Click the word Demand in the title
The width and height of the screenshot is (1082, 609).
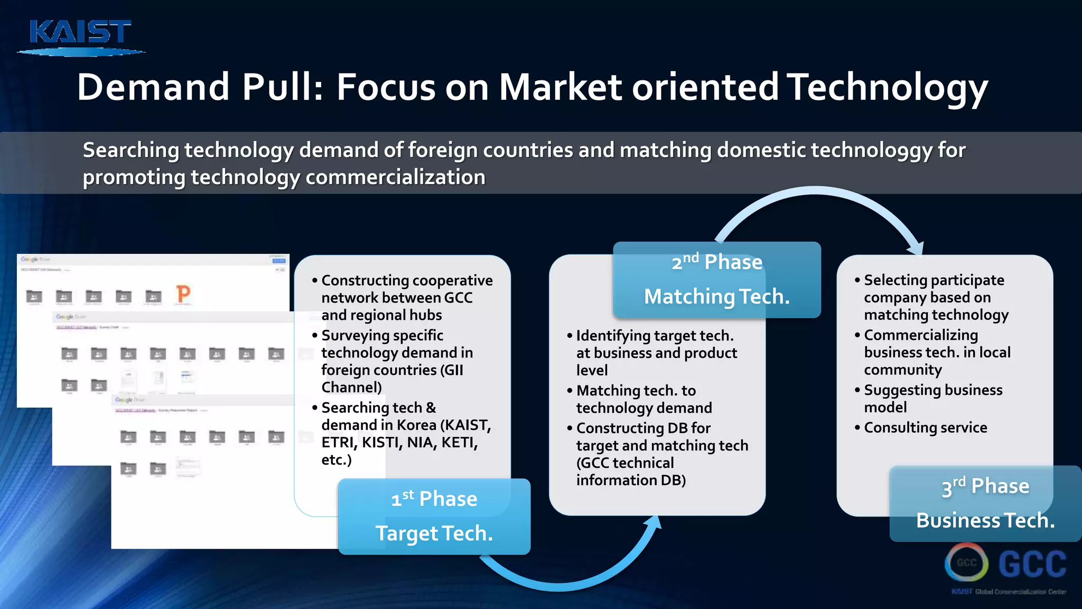(153, 87)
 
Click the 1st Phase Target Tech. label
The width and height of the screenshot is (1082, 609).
(434, 516)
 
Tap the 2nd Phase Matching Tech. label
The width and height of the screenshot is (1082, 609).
(716, 280)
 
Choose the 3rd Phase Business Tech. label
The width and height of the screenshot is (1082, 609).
(985, 503)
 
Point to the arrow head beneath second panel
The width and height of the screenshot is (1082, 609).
(654, 522)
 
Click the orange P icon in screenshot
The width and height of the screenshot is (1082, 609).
(183, 294)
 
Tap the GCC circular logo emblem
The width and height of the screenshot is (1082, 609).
(966, 563)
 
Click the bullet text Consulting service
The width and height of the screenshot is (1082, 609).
(925, 428)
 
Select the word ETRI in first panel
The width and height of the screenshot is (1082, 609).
(338, 442)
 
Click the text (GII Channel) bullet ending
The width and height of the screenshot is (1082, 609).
(351, 387)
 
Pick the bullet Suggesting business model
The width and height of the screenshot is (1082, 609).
(932, 399)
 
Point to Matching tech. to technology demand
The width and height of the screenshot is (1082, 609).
(643, 399)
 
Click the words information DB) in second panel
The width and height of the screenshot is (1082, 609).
(631, 480)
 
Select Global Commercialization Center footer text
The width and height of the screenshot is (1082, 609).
(1020, 592)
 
